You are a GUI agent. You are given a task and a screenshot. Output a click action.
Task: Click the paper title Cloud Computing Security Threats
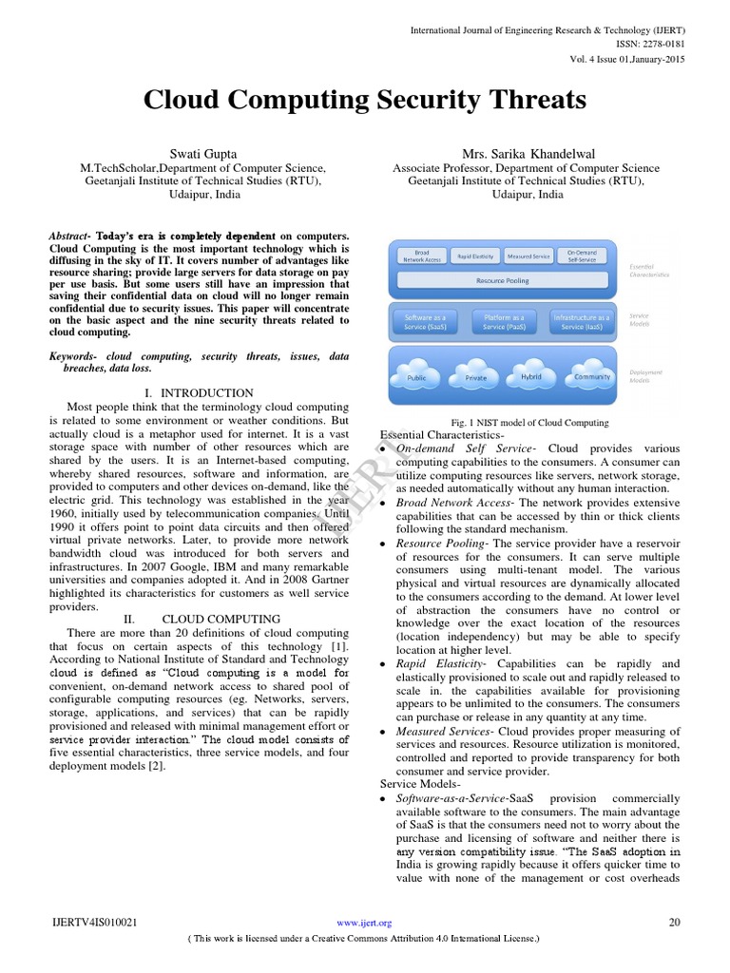[x=365, y=100]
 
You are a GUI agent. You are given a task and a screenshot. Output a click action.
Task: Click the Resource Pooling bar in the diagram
[x=504, y=281]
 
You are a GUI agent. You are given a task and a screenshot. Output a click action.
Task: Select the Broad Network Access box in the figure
[x=422, y=256]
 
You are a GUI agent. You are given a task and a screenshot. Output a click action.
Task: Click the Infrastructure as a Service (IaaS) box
[x=582, y=321]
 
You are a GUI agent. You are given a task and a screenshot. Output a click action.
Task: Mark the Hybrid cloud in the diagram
[x=530, y=376]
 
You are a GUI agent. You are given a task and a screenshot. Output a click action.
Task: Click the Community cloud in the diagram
[x=592, y=376]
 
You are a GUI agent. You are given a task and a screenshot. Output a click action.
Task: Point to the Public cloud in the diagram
[x=416, y=377]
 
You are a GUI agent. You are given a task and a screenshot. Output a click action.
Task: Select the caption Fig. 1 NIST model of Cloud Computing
[x=529, y=423]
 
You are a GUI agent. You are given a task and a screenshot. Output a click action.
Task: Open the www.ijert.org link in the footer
[x=365, y=923]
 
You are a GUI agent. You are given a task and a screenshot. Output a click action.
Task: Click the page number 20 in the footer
[x=676, y=923]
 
